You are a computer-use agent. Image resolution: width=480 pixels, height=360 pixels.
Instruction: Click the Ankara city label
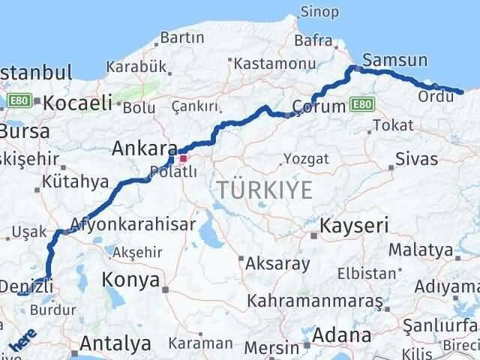[x=144, y=148]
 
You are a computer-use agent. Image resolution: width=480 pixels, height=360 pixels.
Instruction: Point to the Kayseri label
[x=353, y=225]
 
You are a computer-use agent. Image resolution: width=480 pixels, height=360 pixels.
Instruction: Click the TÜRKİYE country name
[x=266, y=191]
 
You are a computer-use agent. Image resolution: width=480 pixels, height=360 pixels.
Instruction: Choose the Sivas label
[x=416, y=159]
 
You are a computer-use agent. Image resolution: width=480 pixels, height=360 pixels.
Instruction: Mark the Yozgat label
[x=306, y=159]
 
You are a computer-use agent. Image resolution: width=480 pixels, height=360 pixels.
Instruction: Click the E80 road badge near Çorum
[x=361, y=103]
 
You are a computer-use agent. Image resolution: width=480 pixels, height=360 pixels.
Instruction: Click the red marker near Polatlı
[x=182, y=159]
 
